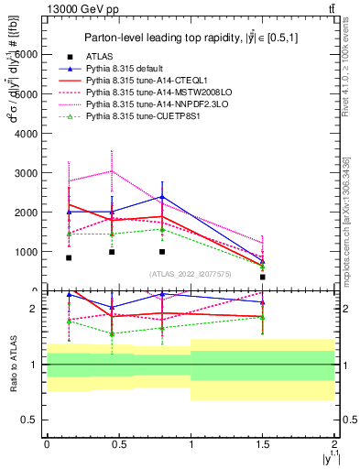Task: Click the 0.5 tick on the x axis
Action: point(118,443)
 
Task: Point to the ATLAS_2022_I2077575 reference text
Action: point(191,274)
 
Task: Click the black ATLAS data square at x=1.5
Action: point(263,277)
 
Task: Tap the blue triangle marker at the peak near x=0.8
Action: point(162,197)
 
